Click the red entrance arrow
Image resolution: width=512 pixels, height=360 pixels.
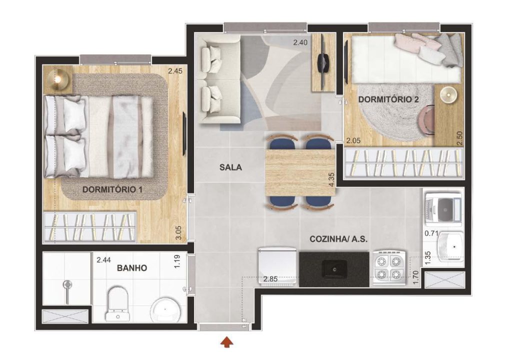[x=227, y=342]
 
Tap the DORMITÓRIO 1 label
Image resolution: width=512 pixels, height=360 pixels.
[x=112, y=189]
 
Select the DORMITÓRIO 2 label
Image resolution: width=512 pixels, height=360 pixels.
[x=388, y=99]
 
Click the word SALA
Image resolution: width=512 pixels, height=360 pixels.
[x=230, y=167]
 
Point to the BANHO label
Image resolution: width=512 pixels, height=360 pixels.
[x=132, y=268]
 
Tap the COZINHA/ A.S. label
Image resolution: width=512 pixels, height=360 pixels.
[x=338, y=239]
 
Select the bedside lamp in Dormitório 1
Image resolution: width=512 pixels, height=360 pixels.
[x=58, y=78]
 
